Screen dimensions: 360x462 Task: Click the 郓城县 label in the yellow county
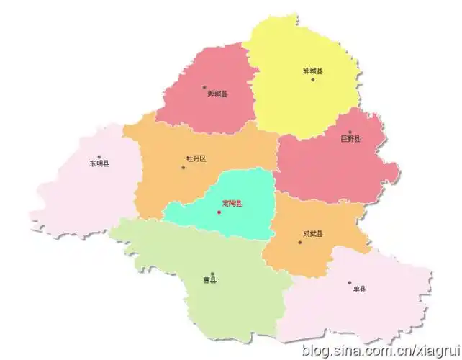pyautogui.click(x=313, y=71)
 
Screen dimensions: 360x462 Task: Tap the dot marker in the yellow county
pyautogui.click(x=313, y=79)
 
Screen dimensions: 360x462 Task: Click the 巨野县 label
pyautogui.click(x=351, y=139)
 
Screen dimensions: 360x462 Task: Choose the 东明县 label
pyautogui.click(x=99, y=163)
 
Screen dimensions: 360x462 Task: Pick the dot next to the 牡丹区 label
pyautogui.click(x=184, y=168)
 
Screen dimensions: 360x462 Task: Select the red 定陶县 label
pyautogui.click(x=232, y=204)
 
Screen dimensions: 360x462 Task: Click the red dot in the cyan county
pyautogui.click(x=219, y=212)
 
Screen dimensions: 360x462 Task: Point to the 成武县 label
pyautogui.click(x=313, y=233)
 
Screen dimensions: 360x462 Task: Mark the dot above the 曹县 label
pyautogui.click(x=212, y=274)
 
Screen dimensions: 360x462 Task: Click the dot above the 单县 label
pyautogui.click(x=350, y=283)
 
